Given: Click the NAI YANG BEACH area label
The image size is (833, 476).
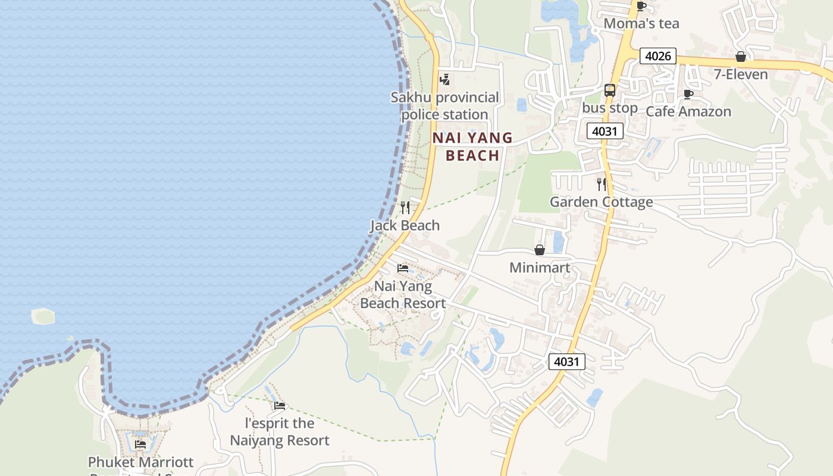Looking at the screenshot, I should (x=472, y=146).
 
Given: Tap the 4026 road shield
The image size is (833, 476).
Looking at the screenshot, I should (x=657, y=57).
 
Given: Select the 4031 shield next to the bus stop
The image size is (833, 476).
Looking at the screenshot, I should (x=605, y=131).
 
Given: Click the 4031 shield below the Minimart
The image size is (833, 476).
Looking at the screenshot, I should (x=567, y=361).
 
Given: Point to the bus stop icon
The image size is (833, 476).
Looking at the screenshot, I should (x=610, y=90).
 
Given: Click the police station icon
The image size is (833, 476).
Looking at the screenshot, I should (x=444, y=79).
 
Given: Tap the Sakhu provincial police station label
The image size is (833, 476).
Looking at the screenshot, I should (x=444, y=106).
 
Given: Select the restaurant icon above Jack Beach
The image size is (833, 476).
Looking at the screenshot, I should (x=405, y=208).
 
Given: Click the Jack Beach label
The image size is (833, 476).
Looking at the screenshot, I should (x=405, y=226).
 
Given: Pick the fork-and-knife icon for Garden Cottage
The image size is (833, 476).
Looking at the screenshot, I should (x=602, y=184).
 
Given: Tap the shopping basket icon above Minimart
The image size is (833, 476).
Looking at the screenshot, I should (x=540, y=250).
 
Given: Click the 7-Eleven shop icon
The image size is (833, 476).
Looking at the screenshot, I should (x=741, y=57).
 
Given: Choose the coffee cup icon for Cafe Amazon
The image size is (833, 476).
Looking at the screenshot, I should (x=688, y=94).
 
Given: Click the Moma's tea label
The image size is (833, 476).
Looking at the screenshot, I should (x=641, y=24).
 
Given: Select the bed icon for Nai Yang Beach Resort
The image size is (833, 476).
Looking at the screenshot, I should (x=403, y=268).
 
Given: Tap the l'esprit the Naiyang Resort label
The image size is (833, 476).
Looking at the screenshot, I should (x=280, y=432).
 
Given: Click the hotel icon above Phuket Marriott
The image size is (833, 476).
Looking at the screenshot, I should (x=140, y=444).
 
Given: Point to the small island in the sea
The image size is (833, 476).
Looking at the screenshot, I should (x=43, y=316).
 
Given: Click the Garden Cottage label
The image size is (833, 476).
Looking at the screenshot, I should (x=601, y=202).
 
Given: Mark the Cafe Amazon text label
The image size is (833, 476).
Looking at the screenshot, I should (x=688, y=111).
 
